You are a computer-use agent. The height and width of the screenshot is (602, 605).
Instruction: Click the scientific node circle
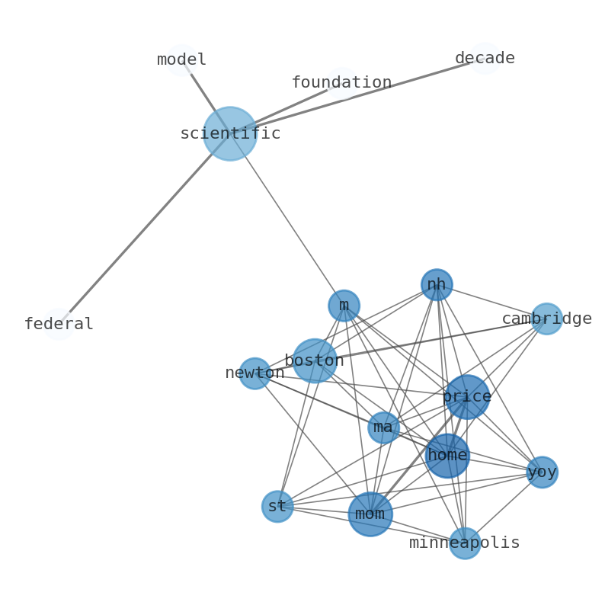(x=229, y=133)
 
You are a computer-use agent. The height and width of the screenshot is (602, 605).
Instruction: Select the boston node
(x=314, y=360)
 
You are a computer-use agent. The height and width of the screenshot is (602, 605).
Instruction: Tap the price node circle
(x=466, y=396)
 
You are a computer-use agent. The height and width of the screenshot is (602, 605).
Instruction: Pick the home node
(x=447, y=456)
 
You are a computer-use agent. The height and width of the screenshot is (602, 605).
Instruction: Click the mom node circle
(x=370, y=514)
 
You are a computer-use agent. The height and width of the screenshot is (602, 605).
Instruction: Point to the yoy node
(x=542, y=472)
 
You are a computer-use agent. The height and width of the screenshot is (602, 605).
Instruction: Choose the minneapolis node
(x=464, y=543)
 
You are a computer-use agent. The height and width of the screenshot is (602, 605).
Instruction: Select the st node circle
(x=277, y=506)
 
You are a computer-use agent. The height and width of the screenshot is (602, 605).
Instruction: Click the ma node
(x=383, y=427)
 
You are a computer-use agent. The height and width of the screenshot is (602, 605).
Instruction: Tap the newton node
(x=254, y=373)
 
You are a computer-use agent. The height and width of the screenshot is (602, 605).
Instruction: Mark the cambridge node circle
(x=546, y=319)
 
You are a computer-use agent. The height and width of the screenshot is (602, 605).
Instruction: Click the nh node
(x=437, y=285)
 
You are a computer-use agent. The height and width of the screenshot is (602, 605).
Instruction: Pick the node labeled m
(x=344, y=306)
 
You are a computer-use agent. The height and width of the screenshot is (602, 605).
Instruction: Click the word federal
(x=59, y=324)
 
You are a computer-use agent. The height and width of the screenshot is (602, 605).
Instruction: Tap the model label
(x=181, y=59)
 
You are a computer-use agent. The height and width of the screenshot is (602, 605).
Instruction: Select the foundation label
(x=341, y=82)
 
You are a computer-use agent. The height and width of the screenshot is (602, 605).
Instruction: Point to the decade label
(x=485, y=58)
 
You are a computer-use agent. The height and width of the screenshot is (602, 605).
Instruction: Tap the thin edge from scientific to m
(x=286, y=219)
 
